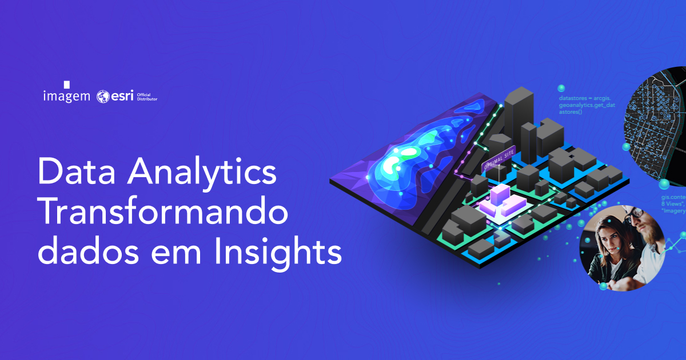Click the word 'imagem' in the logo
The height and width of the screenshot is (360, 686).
(x=66, y=96)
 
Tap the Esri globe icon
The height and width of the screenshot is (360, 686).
(x=103, y=96)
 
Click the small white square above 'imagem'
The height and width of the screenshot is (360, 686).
(x=66, y=84)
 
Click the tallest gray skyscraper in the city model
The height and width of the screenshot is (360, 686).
(x=519, y=114)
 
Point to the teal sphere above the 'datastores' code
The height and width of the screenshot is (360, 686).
(x=561, y=88)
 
